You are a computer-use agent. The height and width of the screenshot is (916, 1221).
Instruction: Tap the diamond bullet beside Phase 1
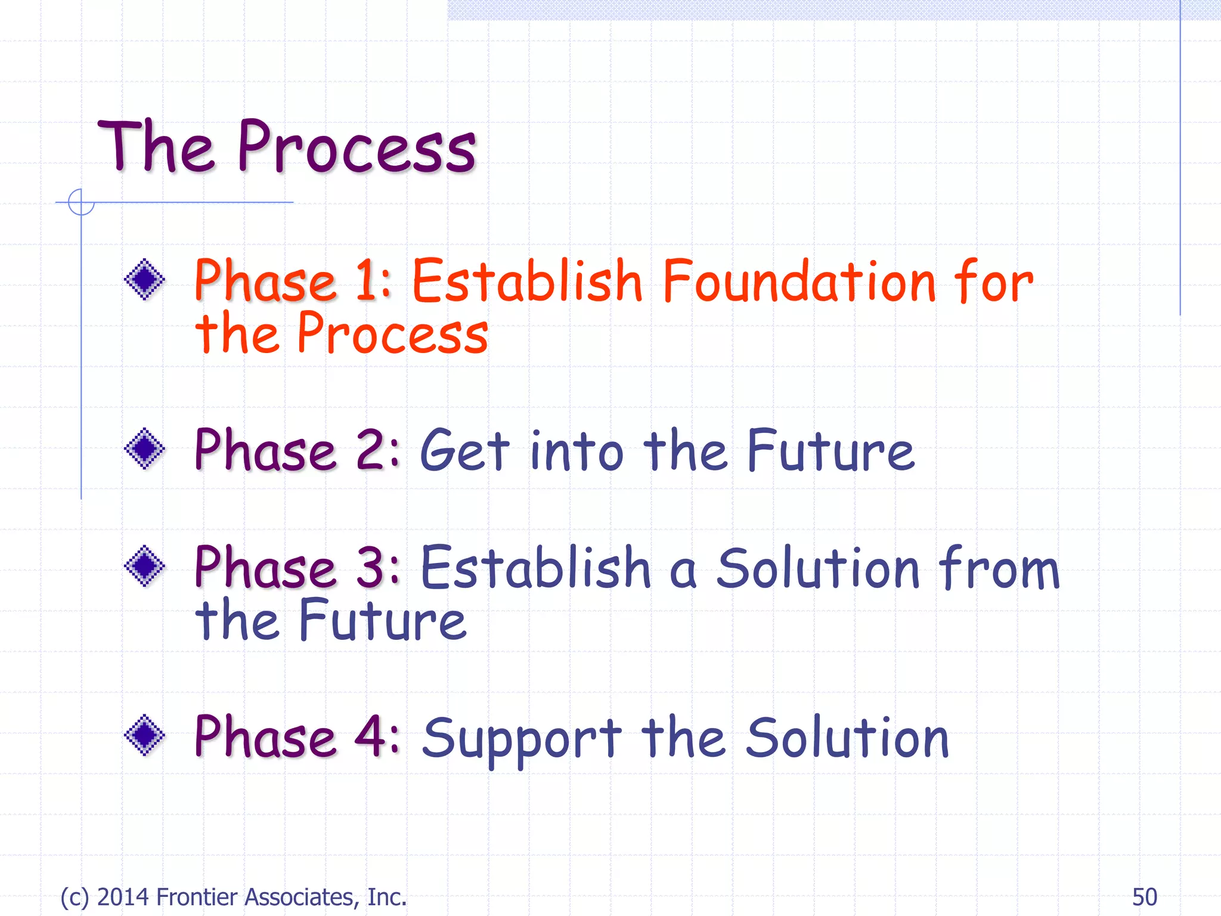tap(144, 279)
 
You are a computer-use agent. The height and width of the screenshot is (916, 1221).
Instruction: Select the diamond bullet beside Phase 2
tap(144, 448)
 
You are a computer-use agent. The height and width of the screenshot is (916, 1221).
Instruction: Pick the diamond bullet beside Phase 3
tap(144, 566)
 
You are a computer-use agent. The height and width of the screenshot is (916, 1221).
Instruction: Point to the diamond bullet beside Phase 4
tap(144, 735)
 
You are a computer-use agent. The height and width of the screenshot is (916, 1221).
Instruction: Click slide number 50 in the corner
tap(1144, 897)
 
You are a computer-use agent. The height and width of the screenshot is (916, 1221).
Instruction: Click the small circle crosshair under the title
tap(81, 202)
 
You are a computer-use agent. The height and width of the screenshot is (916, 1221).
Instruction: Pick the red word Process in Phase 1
tap(392, 334)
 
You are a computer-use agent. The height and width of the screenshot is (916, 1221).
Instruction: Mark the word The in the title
tap(155, 147)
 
